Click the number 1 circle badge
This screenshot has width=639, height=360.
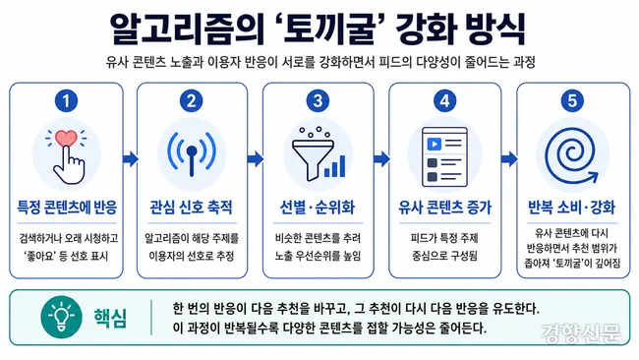66,100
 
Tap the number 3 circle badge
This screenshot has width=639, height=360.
318,100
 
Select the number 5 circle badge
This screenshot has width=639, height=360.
572,100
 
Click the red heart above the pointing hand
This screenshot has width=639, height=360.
66,139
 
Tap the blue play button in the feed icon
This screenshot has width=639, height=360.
434,144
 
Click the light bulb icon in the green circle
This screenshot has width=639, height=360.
62,317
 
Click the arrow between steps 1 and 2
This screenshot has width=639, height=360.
131,158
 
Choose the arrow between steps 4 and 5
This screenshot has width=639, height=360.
509,158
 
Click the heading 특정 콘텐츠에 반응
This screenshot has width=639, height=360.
67,208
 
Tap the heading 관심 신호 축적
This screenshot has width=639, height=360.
192,208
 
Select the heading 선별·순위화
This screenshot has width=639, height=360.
318,208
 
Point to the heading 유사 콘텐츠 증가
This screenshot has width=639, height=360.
445,208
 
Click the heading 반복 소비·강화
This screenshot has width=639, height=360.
572,208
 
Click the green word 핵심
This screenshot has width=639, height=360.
110,318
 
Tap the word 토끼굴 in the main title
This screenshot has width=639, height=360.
328,29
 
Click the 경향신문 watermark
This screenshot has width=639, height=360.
581,333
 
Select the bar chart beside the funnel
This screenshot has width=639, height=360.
334,166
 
